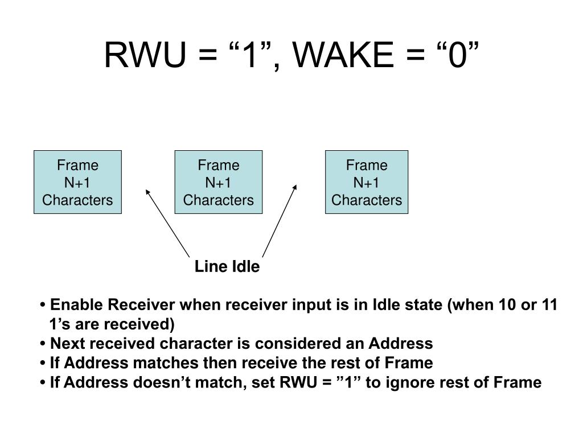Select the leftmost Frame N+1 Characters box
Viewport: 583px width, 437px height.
click(77, 182)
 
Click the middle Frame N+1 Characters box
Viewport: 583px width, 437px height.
click(219, 182)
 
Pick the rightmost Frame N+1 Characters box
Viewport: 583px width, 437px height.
click(367, 182)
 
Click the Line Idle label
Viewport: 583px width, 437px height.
click(227, 266)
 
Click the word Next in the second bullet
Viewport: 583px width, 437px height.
click(65, 343)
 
